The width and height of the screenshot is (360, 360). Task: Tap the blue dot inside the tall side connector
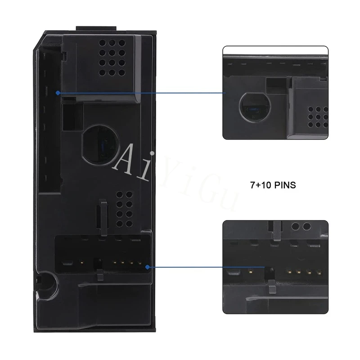(x=58, y=93)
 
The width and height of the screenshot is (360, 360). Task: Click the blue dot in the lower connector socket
(x=147, y=267)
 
